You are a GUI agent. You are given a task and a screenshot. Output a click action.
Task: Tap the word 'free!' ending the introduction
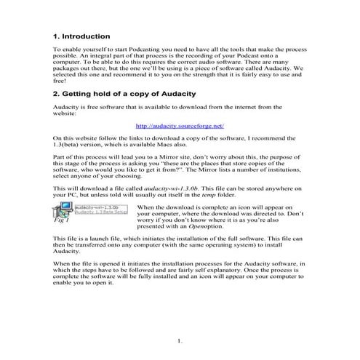click(x=62, y=81)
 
